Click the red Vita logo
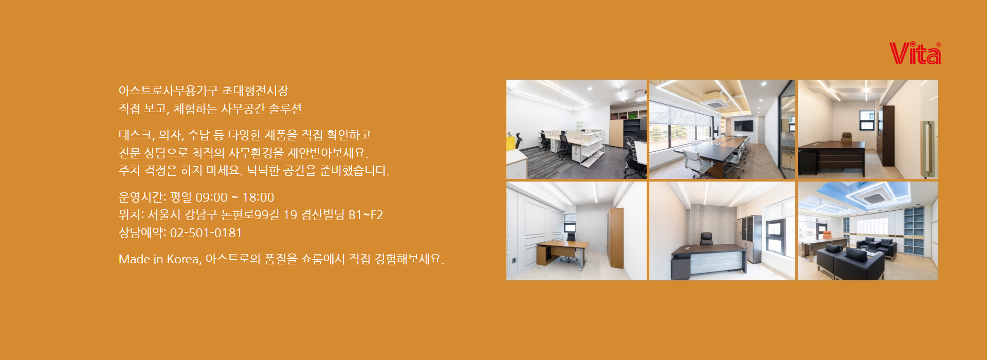point(915,53)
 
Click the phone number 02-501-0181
point(206,233)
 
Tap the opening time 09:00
point(211,197)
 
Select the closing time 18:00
point(258,197)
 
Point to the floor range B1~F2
point(366,215)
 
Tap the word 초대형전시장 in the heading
point(255,91)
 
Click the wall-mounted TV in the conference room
point(743,125)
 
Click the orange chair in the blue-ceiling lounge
point(827,235)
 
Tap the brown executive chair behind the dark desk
point(846,138)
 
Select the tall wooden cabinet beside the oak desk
point(616,237)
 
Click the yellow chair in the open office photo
point(510,142)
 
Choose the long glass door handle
point(928,148)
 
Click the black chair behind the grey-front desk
point(707,239)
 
